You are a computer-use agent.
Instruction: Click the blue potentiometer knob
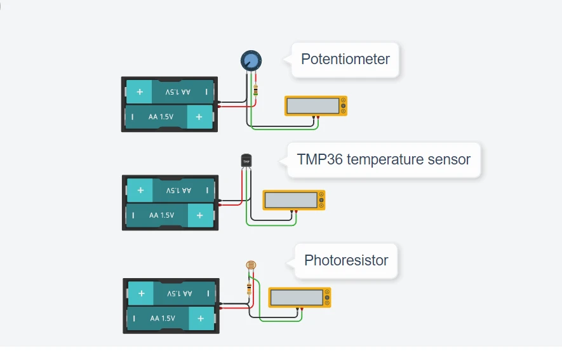pyautogui.click(x=251, y=61)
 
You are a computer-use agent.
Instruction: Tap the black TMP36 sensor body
pyautogui.click(x=246, y=161)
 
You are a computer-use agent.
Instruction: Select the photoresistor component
pyautogui.click(x=251, y=265)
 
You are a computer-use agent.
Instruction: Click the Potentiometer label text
pyautogui.click(x=345, y=60)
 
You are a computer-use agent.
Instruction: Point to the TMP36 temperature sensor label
pyautogui.click(x=383, y=159)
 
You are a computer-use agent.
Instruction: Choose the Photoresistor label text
pyautogui.click(x=346, y=260)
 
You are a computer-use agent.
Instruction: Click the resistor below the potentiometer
pyautogui.click(x=255, y=90)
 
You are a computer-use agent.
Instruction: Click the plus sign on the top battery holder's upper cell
pyautogui.click(x=139, y=92)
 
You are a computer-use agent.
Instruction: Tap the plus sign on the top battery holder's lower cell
pyautogui.click(x=199, y=117)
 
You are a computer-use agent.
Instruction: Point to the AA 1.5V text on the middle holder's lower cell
pyautogui.click(x=162, y=215)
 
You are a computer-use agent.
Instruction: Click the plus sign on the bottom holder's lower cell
pyautogui.click(x=201, y=318)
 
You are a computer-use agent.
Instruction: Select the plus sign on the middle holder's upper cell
pyautogui.click(x=140, y=190)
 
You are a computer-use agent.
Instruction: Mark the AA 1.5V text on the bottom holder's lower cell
pyautogui.click(x=163, y=318)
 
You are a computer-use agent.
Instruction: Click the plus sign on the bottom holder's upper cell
pyautogui.click(x=141, y=293)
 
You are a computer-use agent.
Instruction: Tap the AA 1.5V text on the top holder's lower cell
pyautogui.click(x=161, y=117)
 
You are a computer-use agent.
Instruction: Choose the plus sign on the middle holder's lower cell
pyautogui.click(x=200, y=215)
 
